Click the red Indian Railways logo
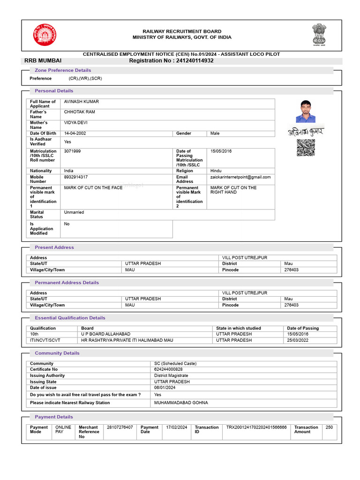tap(44, 35)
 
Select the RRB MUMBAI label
tap(43, 60)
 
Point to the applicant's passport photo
tap(306, 112)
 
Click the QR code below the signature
tap(306, 148)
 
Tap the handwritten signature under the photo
tap(306, 132)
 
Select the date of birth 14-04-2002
tap(75, 134)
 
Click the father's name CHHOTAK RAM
tap(79, 112)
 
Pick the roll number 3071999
tap(72, 151)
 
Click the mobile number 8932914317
tap(76, 177)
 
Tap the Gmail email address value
tap(240, 177)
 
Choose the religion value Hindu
tap(216, 171)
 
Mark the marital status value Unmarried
tap(74, 212)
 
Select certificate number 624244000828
tap(168, 369)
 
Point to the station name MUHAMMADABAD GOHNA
tap(181, 403)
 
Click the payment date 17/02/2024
tap(177, 427)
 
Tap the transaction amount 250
tap(329, 427)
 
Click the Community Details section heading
tap(57, 353)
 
